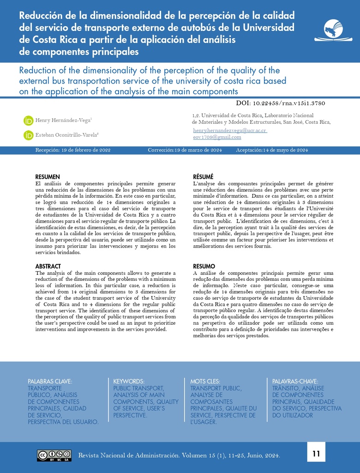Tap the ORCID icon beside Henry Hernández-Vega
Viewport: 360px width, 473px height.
29,121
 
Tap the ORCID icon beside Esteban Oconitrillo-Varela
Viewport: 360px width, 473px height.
29,135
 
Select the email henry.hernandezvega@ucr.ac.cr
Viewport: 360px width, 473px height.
230,131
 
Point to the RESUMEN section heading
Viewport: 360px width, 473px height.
48,177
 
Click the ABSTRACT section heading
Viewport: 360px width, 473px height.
48,267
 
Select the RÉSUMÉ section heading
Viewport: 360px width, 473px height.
203,177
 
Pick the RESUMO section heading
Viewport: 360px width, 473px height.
204,267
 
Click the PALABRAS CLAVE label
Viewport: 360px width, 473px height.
50,382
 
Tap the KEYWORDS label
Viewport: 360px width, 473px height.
129,382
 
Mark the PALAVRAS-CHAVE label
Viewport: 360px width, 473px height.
295,382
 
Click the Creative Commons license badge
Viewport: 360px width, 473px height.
54,455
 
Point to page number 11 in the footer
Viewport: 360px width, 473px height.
316,454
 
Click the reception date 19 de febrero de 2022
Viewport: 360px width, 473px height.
86,150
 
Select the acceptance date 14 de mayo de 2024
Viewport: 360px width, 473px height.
285,150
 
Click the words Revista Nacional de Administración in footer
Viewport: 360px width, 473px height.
129,455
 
